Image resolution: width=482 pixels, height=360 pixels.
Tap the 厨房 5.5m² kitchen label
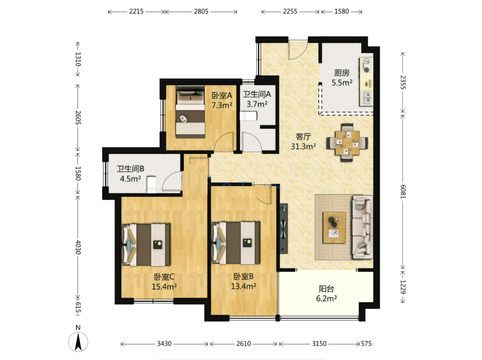pyautogui.click(x=342, y=78)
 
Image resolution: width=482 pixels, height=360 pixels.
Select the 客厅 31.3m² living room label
pyautogui.click(x=303, y=141)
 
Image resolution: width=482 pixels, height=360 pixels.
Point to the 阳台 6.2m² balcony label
pyautogui.click(x=326, y=294)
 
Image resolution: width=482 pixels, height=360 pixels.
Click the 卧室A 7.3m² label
pyautogui.click(x=222, y=100)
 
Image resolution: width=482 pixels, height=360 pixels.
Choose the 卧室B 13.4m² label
pyautogui.click(x=244, y=281)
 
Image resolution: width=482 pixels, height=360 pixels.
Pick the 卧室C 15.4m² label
pyautogui.click(x=164, y=281)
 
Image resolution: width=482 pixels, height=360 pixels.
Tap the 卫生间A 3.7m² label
pyautogui.click(x=257, y=99)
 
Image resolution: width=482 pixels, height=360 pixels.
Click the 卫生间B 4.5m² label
pyautogui.click(x=130, y=174)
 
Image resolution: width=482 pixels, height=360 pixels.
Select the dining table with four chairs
pyautogui.click(x=347, y=142)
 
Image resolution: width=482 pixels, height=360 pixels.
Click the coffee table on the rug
pyautogui.click(x=334, y=228)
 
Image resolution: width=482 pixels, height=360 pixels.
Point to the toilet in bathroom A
pyautogui.click(x=249, y=116)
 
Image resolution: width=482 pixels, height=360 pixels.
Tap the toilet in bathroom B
pyautogui.click(x=152, y=185)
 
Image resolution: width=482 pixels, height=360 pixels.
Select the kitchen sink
pyautogui.click(x=366, y=98)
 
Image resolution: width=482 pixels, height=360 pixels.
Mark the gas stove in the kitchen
pyautogui.click(x=366, y=66)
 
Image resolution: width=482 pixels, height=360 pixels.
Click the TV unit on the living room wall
pyautogui.click(x=284, y=228)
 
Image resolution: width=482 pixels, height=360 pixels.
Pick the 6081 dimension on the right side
pyautogui.click(x=403, y=192)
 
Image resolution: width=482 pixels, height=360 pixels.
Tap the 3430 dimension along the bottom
pyautogui.click(x=164, y=343)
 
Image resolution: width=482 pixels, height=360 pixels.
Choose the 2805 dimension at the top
pyautogui.click(x=201, y=11)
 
